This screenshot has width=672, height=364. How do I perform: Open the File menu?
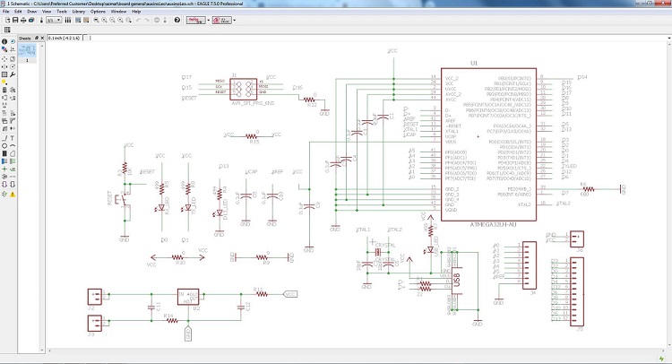point(5,11)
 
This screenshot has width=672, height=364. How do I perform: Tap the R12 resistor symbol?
point(312,104)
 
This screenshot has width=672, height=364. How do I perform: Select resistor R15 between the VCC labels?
point(254,136)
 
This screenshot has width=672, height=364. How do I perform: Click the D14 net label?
point(582,77)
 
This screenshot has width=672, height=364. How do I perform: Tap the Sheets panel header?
point(26,39)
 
